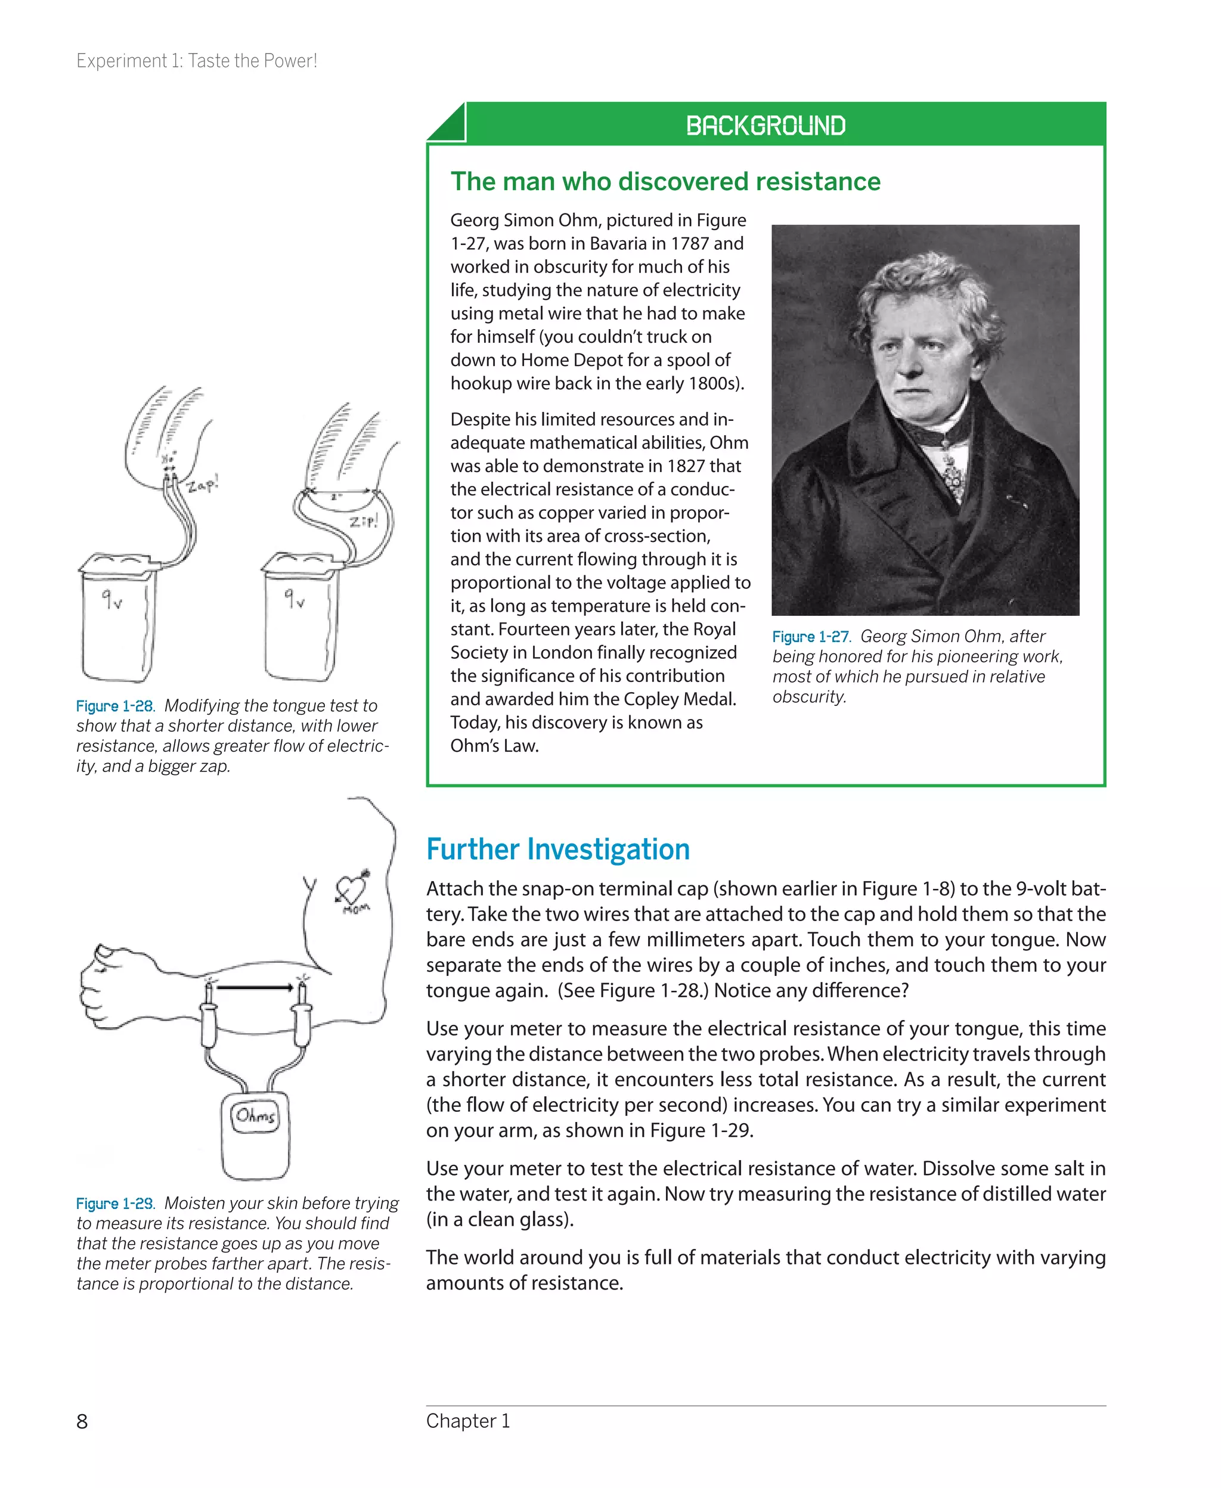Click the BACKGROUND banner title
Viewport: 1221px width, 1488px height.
[x=766, y=126]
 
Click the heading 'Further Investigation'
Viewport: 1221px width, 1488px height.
[x=558, y=850]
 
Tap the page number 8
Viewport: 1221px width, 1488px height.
[x=82, y=1421]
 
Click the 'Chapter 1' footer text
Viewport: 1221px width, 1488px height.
[x=468, y=1421]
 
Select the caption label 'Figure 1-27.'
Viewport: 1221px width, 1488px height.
[x=811, y=637]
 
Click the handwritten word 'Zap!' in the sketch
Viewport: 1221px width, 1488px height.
[x=203, y=484]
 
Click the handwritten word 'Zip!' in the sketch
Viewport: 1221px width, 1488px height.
[x=364, y=521]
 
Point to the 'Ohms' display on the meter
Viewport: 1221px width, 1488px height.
[x=255, y=1116]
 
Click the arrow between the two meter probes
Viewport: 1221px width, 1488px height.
[x=255, y=987]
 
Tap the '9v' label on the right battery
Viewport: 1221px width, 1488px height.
[x=294, y=599]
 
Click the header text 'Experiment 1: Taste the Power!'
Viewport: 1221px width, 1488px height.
[x=196, y=61]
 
